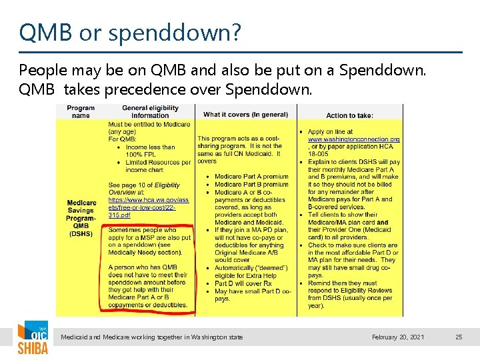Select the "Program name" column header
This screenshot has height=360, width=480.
click(x=81, y=111)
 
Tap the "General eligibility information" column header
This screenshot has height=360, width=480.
click(x=150, y=111)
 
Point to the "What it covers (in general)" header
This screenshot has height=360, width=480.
click(x=245, y=114)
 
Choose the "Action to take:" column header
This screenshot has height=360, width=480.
click(x=350, y=115)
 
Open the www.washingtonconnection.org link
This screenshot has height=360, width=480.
click(x=353, y=139)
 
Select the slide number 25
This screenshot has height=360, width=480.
click(x=459, y=337)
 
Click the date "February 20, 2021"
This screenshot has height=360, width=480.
click(x=398, y=337)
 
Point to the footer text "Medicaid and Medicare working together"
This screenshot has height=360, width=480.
click(x=152, y=337)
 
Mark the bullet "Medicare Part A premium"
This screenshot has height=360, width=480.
click(x=251, y=177)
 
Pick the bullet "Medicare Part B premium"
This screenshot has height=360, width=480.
click(x=251, y=185)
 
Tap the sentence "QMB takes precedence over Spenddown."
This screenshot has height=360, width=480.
click(x=165, y=89)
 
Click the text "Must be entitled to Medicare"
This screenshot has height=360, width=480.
click(x=149, y=124)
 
